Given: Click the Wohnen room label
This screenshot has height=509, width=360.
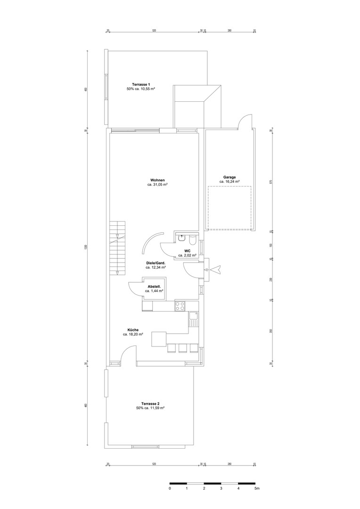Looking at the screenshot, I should click(157, 180).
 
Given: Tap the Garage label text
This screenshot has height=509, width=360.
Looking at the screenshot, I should click(229, 177).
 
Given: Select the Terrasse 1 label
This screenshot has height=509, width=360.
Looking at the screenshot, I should click(141, 84).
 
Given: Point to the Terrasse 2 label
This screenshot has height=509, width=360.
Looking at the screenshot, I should click(150, 404).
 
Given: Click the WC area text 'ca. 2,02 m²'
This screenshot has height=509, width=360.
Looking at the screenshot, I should click(187, 255).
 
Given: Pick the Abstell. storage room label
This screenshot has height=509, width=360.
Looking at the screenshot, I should click(155, 287).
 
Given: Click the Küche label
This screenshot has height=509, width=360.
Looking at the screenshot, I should click(132, 330).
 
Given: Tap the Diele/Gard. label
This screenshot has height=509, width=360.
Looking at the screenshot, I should click(155, 263).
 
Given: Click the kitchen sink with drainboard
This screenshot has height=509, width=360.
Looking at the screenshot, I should click(193, 319).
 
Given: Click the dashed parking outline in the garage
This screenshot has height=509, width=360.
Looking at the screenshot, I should click(229, 207).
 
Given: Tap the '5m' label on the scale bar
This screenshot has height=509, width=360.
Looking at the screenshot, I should click(256, 489).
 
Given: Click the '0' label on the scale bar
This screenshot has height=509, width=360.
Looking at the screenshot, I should click(170, 489).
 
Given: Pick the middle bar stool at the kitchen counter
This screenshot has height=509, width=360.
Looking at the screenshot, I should click(182, 348).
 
